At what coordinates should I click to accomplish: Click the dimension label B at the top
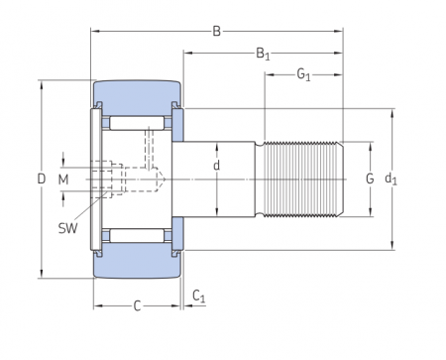216,31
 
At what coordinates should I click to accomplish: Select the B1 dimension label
264,54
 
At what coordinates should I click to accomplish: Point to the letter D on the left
41,180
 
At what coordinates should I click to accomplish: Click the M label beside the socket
63,180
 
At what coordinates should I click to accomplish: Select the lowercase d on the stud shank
217,166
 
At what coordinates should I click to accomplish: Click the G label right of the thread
369,180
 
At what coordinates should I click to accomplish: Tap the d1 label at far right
390,180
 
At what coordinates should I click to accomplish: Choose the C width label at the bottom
137,305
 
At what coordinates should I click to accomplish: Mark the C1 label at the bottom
198,297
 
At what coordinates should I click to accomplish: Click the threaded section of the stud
302,180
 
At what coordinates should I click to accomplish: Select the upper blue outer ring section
137,95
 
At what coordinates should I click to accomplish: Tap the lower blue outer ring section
137,264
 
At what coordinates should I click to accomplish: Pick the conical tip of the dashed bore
159,180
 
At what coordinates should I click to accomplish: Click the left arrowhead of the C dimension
97,305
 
